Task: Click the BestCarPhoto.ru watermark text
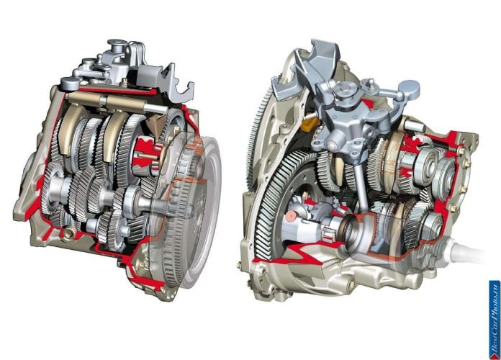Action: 495,320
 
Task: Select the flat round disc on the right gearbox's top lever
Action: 409,89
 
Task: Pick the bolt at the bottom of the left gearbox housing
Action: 68,234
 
